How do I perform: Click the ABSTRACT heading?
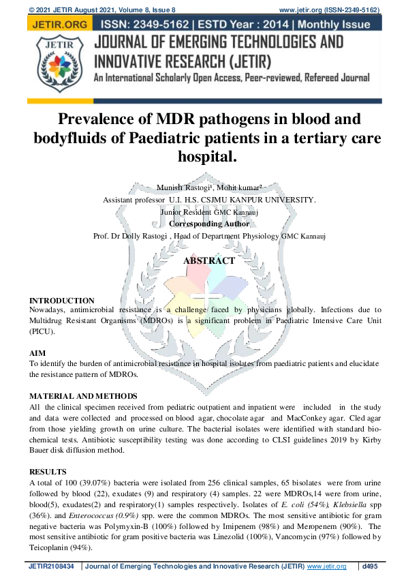208,260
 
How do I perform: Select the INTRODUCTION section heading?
62,301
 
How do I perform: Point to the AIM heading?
37,354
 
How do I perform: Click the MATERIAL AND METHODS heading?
83,396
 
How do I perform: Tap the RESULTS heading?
48,472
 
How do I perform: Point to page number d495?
371,567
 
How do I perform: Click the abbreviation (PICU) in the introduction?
42,332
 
